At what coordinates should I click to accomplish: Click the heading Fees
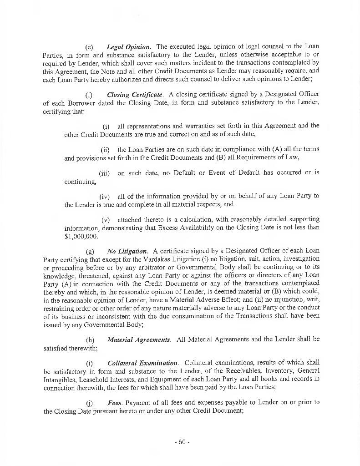[114, 403]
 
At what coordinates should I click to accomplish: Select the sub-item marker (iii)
[104, 173]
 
